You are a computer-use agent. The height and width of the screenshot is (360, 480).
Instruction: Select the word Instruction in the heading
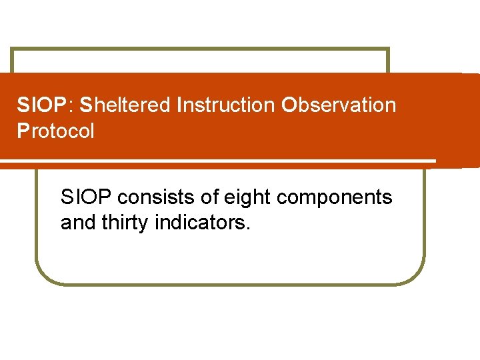pyautogui.click(x=226, y=105)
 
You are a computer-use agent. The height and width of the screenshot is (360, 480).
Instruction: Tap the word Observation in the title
pyautogui.click(x=339, y=105)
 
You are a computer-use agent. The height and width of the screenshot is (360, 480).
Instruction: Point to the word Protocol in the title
pyautogui.click(x=55, y=131)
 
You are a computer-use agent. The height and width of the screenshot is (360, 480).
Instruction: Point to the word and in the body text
pyautogui.click(x=76, y=223)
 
